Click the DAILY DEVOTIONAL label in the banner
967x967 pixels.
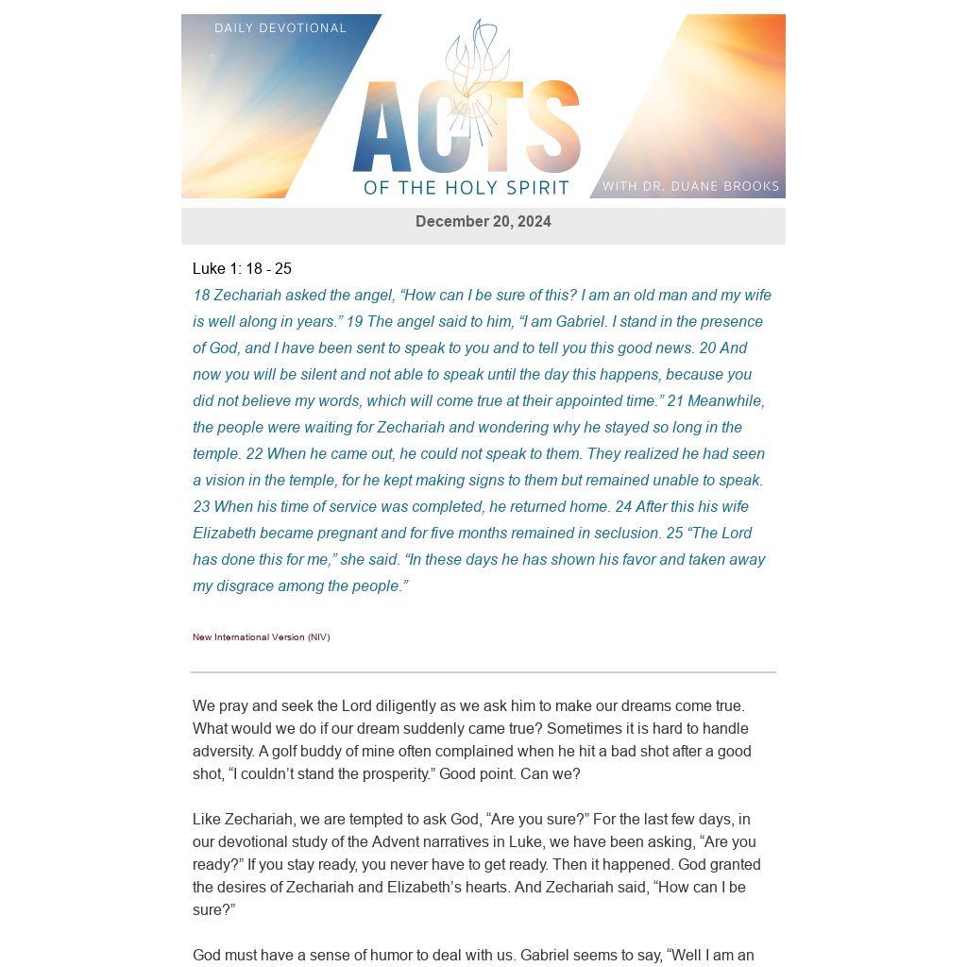point(280,28)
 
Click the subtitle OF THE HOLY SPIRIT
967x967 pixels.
point(467,187)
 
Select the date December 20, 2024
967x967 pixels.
point(483,222)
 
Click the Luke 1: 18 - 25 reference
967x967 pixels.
point(242,269)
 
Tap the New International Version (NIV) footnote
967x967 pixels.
point(261,637)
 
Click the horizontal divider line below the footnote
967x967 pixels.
point(483,672)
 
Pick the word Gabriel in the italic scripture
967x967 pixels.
point(580,322)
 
